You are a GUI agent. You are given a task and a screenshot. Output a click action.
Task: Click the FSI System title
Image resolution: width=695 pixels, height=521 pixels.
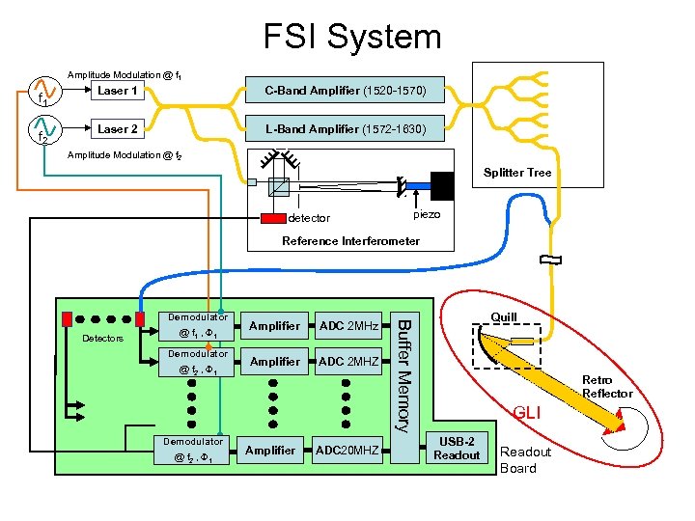352,37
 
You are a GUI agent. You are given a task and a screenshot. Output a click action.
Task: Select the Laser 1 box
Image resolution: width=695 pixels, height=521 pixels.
117,91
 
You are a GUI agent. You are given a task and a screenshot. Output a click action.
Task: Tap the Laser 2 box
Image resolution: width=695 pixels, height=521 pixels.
117,128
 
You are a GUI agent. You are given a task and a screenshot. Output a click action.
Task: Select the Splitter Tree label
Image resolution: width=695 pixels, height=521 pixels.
517,173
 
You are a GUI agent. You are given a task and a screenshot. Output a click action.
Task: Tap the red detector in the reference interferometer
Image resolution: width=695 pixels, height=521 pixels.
273,217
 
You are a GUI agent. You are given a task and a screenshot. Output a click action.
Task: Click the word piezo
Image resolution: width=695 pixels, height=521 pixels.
427,214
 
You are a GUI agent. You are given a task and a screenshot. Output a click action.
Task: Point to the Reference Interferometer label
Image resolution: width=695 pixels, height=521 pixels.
350,240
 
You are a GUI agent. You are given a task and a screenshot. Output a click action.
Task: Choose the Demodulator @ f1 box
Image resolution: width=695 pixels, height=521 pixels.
197,326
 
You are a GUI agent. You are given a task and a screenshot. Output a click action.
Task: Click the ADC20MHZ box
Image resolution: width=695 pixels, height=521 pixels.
347,450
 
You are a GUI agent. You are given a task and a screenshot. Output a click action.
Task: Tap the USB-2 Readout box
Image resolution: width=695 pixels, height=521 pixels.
457,449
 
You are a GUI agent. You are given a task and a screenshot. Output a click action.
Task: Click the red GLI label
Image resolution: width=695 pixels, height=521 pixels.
527,413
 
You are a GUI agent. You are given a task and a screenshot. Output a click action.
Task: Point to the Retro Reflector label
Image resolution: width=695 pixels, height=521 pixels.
607,386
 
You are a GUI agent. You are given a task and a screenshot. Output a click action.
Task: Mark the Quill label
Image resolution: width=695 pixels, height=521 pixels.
504,316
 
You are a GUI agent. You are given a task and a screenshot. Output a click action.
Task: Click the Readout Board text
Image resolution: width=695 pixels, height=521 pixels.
525,459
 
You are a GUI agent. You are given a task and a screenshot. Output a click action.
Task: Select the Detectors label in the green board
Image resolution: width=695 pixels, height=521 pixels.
102,338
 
